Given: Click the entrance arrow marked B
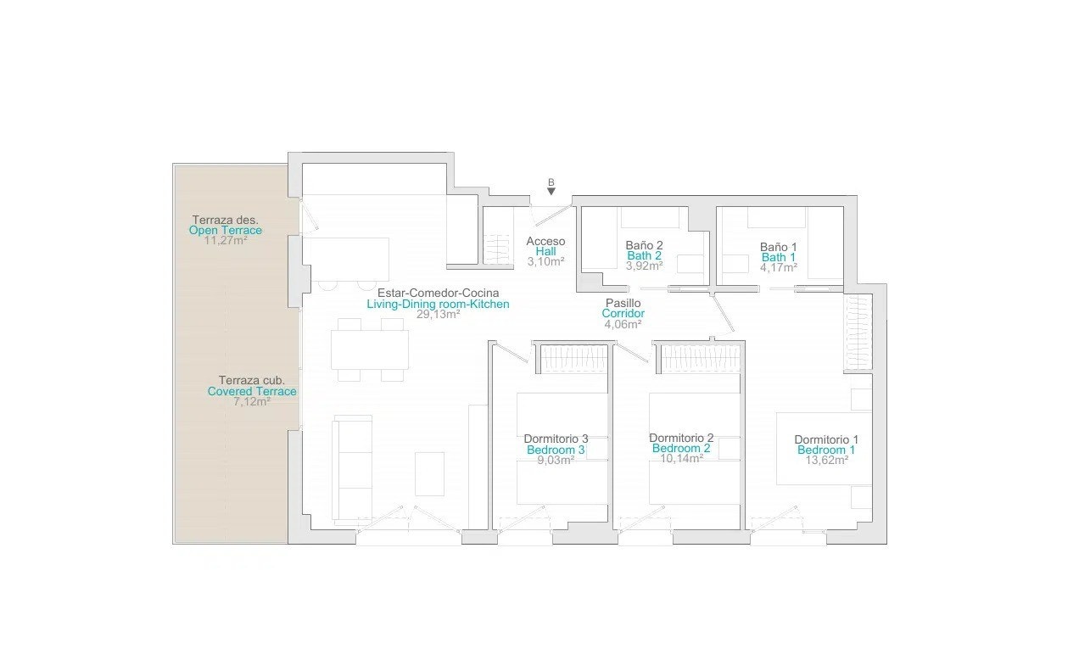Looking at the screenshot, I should pyautogui.click(x=551, y=191).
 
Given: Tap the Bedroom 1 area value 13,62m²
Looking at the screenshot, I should pyautogui.click(x=826, y=461).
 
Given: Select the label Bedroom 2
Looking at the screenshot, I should pyautogui.click(x=680, y=449).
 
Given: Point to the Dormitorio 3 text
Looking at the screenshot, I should pyautogui.click(x=556, y=439).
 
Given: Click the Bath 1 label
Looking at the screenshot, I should pyautogui.click(x=778, y=257).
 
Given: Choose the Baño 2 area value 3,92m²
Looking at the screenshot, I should pyautogui.click(x=644, y=266).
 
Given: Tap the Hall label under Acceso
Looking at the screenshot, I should pyautogui.click(x=545, y=251).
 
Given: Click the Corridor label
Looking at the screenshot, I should pyautogui.click(x=623, y=313).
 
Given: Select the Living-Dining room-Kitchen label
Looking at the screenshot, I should pyautogui.click(x=438, y=304).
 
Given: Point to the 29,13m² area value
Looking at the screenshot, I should pyautogui.click(x=438, y=314).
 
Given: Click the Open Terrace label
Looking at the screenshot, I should pyautogui.click(x=226, y=230).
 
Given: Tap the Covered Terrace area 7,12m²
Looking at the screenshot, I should pyautogui.click(x=252, y=401).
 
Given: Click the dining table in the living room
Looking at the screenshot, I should pyautogui.click(x=369, y=349).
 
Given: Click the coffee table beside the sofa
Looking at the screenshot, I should pyautogui.click(x=429, y=473).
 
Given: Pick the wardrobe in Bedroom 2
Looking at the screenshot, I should pyautogui.click(x=700, y=358).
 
